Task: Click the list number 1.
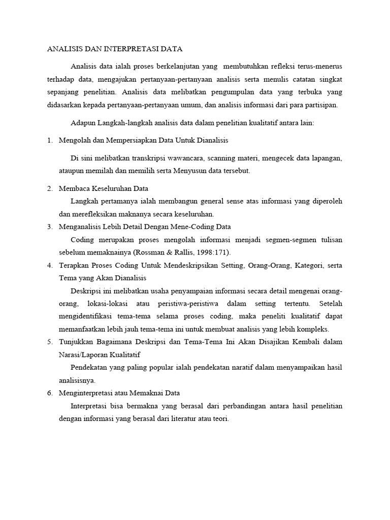coord(49,140)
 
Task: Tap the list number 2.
coord(49,188)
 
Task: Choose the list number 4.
coord(49,265)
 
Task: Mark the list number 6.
coord(49,393)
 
